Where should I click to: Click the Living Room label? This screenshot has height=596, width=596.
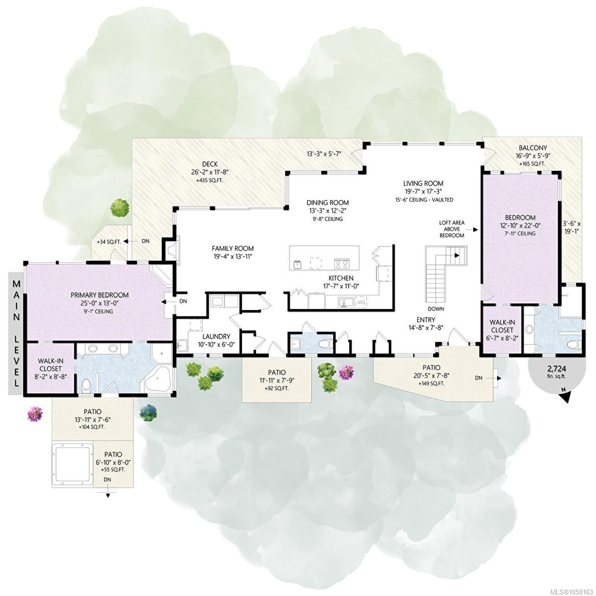[x=423, y=183]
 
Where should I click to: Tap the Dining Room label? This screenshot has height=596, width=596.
[x=327, y=203]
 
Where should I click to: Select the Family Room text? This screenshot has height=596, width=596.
[x=232, y=248]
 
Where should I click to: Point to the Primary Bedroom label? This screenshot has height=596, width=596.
[x=100, y=295]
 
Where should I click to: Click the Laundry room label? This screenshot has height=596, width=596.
[x=216, y=336]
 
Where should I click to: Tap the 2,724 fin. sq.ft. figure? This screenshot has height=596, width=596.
[x=554, y=371]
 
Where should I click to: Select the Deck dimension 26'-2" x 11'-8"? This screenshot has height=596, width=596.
[x=210, y=172]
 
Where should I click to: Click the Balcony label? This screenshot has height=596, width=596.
[x=533, y=148]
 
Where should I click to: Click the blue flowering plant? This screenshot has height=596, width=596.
[x=148, y=413]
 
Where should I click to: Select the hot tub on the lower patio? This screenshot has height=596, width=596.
[x=73, y=464]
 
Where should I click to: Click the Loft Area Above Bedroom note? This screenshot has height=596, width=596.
[x=451, y=229]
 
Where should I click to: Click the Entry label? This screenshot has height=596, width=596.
[x=426, y=319]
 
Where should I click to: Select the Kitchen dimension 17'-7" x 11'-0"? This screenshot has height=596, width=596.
[x=341, y=286]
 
